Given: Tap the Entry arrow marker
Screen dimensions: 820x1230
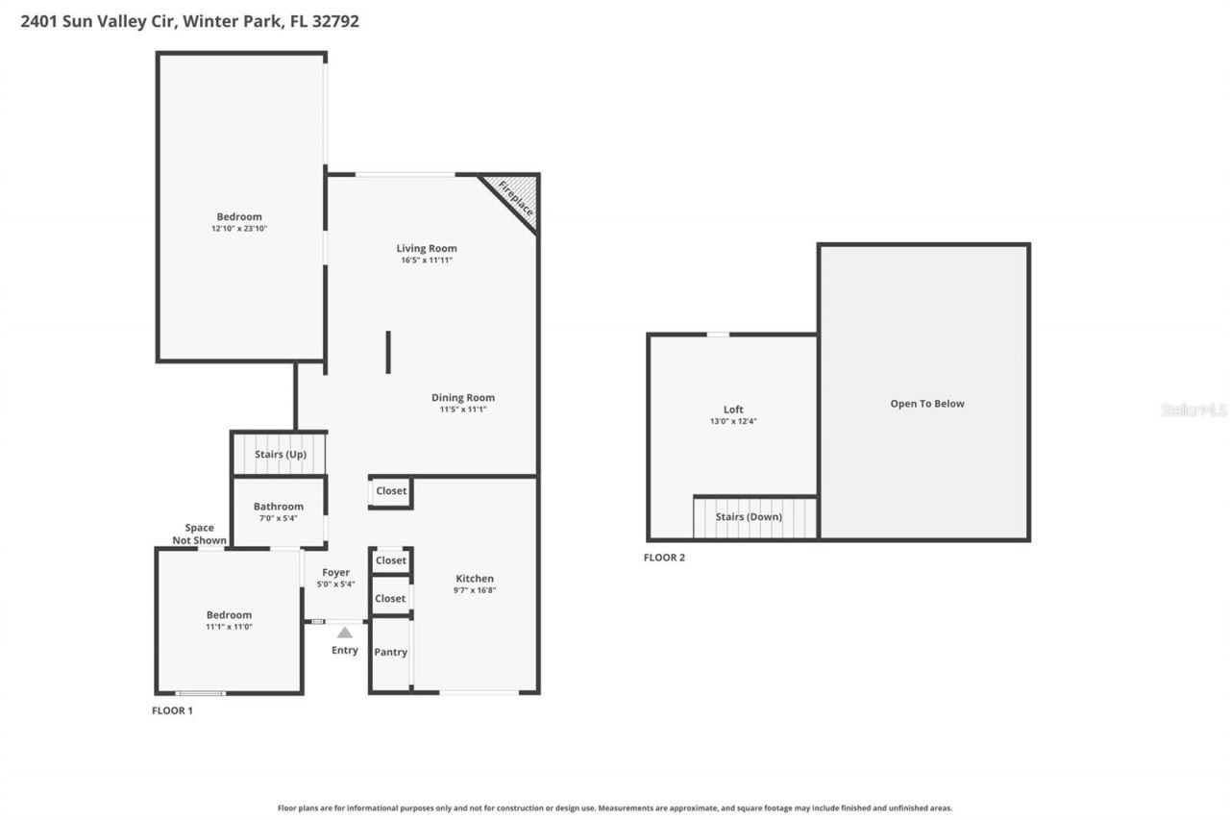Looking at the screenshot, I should pos(345,633).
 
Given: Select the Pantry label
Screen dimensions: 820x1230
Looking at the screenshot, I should pos(390,652).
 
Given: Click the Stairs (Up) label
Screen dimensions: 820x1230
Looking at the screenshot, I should pos(280,454).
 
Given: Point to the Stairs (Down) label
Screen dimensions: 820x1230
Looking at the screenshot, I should pos(749,517).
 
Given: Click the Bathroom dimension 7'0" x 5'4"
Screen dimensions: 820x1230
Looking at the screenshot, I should pos(278,518).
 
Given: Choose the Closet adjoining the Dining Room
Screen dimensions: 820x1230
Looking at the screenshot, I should pos(391,491).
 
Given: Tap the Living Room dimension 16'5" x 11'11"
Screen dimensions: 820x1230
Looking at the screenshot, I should pos(427,261).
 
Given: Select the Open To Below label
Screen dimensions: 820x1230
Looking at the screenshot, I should pos(926,404).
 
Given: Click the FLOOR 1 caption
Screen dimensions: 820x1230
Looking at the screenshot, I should pos(172,710).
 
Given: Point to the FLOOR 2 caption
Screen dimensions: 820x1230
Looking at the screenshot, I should pos(664,558).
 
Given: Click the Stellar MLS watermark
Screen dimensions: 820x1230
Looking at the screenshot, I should pos(1193,410).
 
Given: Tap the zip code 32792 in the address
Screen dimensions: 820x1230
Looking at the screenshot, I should pos(335,21).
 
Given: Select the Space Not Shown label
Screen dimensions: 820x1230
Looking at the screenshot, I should pos(199,534).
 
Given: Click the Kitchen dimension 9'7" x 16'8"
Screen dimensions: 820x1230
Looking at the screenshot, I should pos(474,590).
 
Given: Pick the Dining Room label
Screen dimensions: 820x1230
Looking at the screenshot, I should pos(462,398).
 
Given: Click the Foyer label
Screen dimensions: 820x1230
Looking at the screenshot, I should pos(335,573).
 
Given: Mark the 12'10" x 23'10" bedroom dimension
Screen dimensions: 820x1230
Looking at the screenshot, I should pos(238,229).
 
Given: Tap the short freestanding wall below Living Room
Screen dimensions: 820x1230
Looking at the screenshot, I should pos(388,352).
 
